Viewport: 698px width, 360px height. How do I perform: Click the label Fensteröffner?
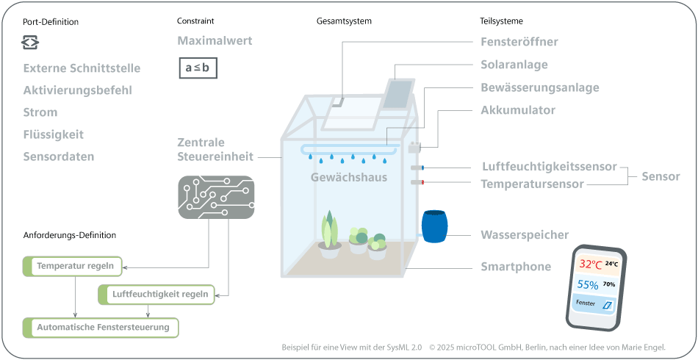click(519, 42)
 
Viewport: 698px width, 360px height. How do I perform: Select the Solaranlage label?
click(514, 65)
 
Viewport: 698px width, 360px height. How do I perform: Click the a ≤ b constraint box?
click(197, 68)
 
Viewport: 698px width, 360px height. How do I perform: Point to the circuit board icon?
click(216, 197)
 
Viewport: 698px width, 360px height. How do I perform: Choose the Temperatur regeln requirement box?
click(73, 265)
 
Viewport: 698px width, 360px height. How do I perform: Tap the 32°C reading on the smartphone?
click(590, 264)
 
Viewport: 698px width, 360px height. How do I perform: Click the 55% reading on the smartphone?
click(588, 284)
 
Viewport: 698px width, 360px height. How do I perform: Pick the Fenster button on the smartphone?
click(594, 303)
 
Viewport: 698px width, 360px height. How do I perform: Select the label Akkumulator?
click(518, 110)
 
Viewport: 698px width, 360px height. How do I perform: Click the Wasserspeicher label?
click(525, 235)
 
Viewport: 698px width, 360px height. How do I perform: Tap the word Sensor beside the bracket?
click(661, 176)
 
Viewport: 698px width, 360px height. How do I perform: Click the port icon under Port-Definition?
click(29, 43)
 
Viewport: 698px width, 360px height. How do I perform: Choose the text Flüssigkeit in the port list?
click(54, 134)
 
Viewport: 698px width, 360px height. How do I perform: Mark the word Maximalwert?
click(215, 40)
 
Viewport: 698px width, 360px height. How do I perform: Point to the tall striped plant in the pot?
click(330, 230)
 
